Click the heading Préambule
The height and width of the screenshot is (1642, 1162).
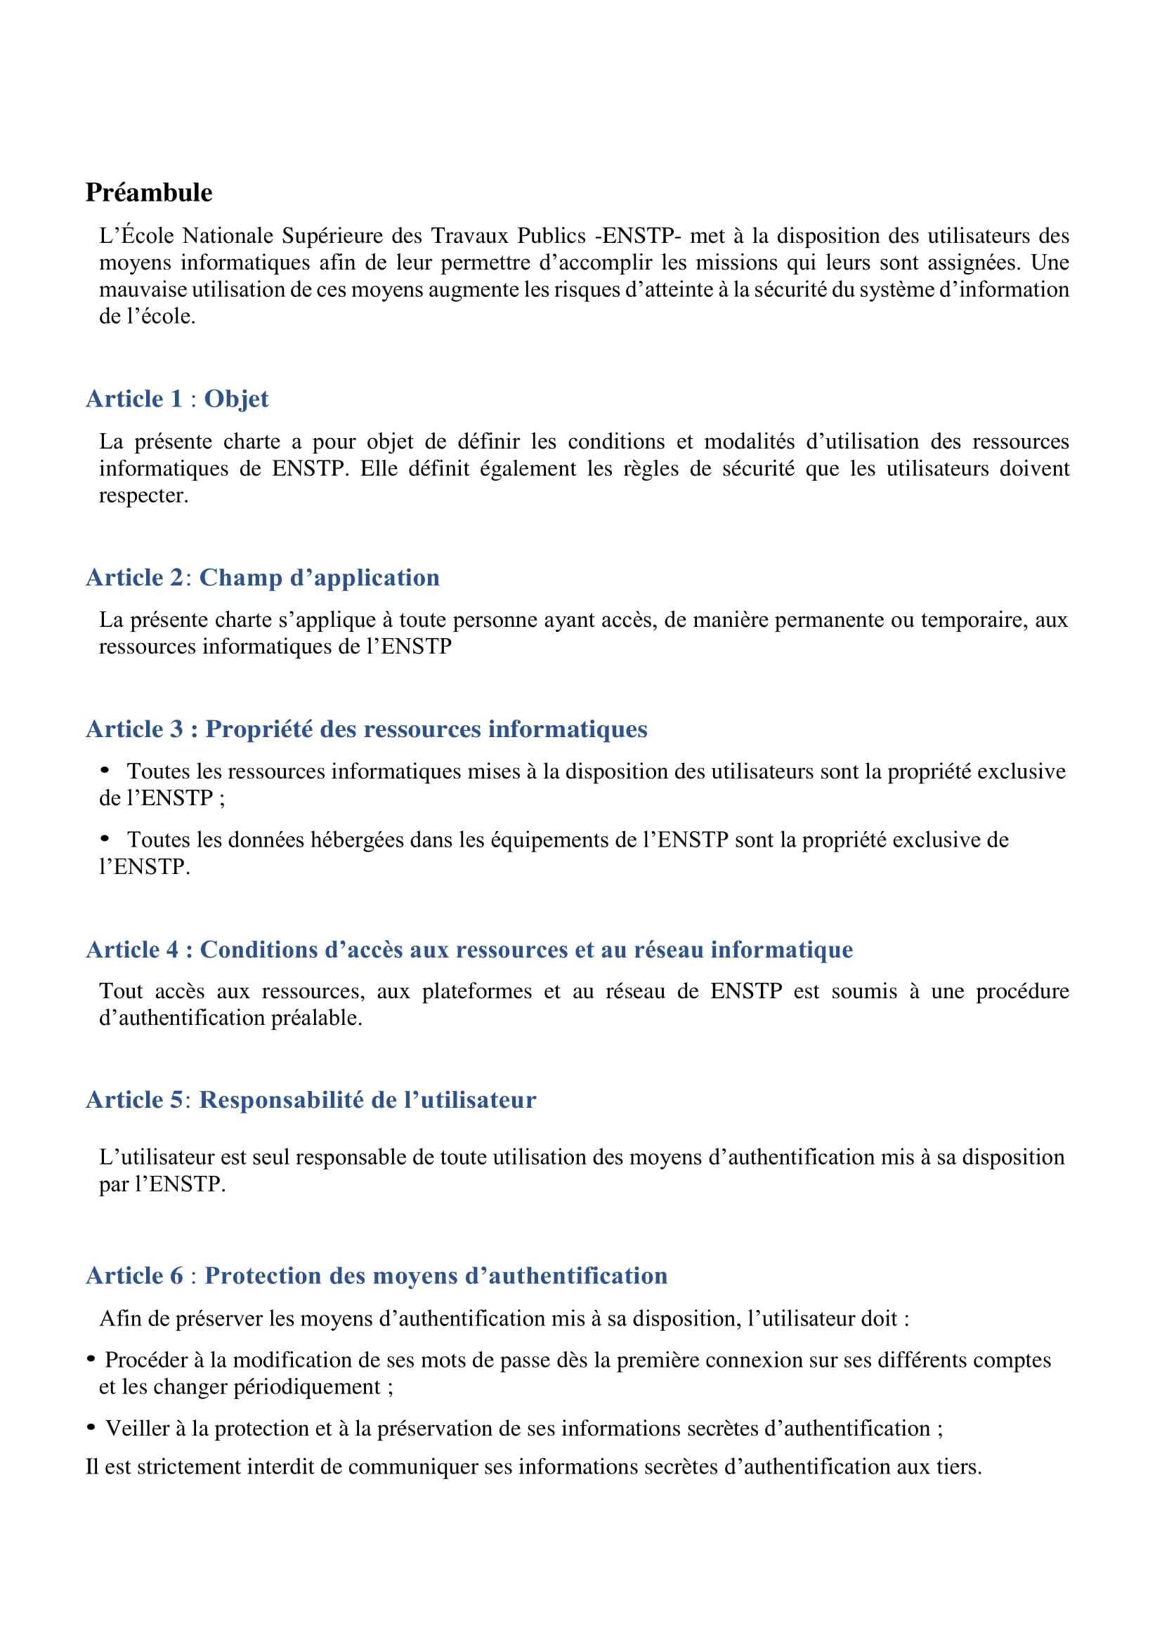coord(149,193)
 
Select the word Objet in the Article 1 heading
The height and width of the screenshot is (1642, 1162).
coord(236,399)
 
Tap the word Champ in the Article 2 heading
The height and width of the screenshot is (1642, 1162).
coord(240,578)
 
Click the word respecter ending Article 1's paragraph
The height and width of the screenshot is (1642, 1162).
coord(143,496)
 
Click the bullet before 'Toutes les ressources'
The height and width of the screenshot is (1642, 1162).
coord(105,770)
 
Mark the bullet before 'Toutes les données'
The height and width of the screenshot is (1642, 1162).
coord(105,839)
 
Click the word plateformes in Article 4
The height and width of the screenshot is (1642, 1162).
coord(476,991)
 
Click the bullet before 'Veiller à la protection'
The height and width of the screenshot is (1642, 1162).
coord(91,1427)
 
